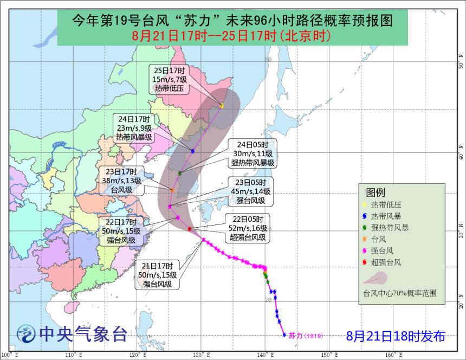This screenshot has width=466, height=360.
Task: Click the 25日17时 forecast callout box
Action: click(169, 80)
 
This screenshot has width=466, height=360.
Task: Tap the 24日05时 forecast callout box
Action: click(253, 153)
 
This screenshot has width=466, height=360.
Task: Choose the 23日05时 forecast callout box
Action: click(250, 191)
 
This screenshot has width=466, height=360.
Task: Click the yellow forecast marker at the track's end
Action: click(222, 105)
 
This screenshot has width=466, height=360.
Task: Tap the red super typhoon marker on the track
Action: click(189, 229)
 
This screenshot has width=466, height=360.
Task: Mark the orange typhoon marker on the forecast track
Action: click(172, 190)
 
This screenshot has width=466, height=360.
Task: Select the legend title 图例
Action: click(375, 192)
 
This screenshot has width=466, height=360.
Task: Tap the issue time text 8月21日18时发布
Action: click(396, 336)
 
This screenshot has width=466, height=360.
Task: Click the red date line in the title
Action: click(232, 36)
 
